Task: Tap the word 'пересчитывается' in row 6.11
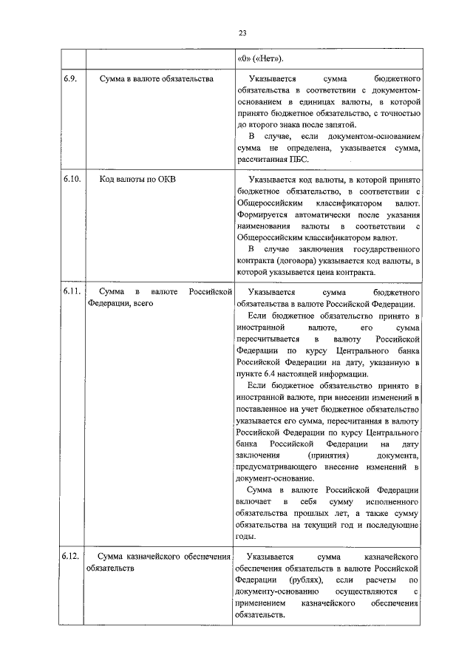tap(266, 338)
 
